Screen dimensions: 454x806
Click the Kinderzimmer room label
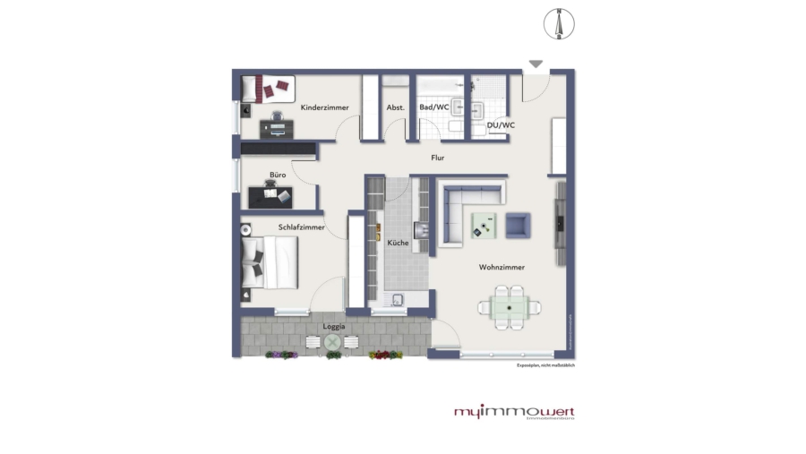coord(324,107)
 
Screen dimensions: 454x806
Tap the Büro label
coord(278,175)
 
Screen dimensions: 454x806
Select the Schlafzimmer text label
coord(301,227)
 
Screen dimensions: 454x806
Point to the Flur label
coord(438,158)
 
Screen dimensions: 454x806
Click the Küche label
coord(399,243)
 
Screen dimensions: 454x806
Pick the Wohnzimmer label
coord(502,267)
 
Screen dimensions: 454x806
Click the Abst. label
coord(395,107)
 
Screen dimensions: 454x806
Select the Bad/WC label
coord(434,107)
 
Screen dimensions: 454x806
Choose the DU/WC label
coord(501,125)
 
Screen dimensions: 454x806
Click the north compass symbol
coord(558,23)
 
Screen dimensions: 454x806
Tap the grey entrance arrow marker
coord(536,64)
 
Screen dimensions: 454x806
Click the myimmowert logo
coord(513,412)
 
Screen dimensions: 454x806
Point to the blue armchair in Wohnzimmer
coord(519,225)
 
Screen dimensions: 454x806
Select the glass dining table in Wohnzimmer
coord(510,306)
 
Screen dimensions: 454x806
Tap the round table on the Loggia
coord(333,342)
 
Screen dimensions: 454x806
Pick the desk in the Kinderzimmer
coord(277,129)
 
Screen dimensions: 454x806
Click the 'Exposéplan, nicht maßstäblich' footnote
coord(544,365)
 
